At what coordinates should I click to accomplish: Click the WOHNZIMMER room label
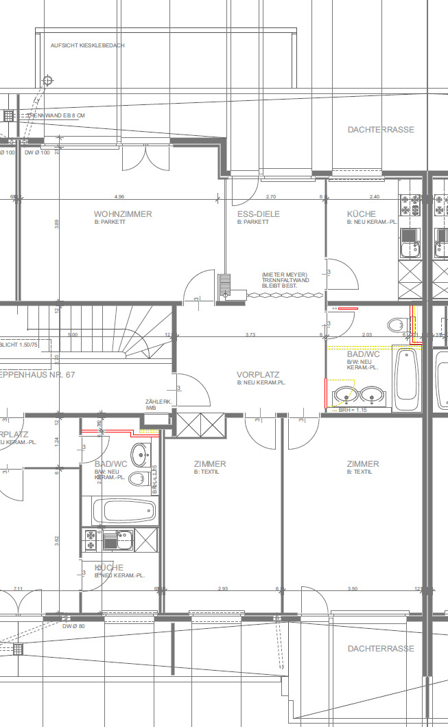coord(123,214)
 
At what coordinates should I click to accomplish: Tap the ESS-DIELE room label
coord(258,214)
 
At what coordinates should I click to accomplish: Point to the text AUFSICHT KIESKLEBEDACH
coord(88,45)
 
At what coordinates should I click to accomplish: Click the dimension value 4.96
coord(120,197)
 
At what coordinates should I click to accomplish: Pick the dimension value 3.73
coord(251,334)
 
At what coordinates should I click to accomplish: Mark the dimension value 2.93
coord(223,589)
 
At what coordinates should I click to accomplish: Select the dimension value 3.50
coord(353,589)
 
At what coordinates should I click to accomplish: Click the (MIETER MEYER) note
coord(284,275)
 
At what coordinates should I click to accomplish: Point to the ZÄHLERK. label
coord(156,402)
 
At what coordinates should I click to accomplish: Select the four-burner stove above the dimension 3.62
coord(91,539)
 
